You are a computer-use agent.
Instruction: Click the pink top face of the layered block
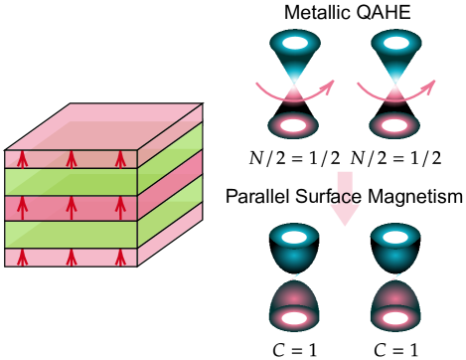[x=104, y=126]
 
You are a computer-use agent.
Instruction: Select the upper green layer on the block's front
[x=71, y=182]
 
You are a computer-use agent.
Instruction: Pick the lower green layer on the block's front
[x=71, y=235]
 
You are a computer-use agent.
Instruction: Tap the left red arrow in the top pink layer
[x=23, y=159]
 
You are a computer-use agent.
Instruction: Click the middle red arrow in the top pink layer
[x=72, y=159]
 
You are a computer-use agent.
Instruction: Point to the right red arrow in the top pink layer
[x=120, y=159]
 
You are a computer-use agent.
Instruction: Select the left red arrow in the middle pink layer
[x=23, y=208]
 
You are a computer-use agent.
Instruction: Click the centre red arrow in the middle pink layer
[x=72, y=208]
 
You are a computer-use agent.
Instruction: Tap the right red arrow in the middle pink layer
[x=120, y=208]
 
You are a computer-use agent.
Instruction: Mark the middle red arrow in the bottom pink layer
[x=72, y=258]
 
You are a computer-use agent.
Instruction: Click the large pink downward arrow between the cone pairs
[x=345, y=199]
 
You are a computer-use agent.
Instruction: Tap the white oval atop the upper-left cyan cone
[x=295, y=43]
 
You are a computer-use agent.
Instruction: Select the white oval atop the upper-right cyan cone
[x=395, y=43]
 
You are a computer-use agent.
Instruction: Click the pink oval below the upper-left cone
[x=293, y=125]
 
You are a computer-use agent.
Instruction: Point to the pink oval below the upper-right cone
[x=394, y=125]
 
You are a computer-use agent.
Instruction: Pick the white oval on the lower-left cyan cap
[x=294, y=237]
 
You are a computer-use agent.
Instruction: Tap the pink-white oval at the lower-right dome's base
[x=395, y=318]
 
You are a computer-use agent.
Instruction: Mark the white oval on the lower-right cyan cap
[x=395, y=237]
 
